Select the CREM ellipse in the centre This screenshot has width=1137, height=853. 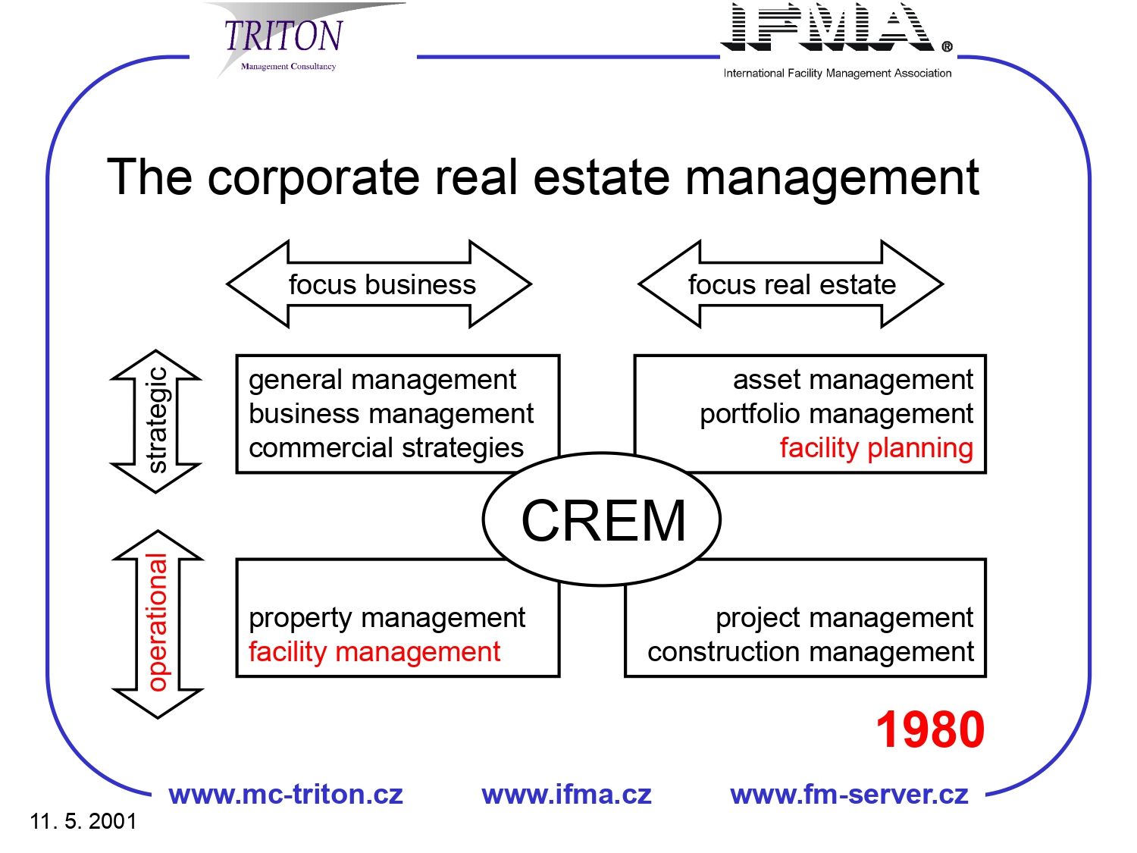tap(602, 520)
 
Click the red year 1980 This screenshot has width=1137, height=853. tap(930, 729)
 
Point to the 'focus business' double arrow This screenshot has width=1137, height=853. tap(379, 284)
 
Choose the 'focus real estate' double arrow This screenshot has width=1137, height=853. tap(791, 284)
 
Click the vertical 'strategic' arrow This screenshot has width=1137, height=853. tap(156, 421)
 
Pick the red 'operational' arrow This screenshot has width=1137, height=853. tap(157, 623)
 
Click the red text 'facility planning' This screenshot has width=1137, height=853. tap(876, 448)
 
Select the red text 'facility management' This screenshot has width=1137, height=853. tap(374, 652)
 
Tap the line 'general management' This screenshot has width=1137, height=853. tap(382, 379)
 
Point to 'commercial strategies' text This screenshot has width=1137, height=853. tap(386, 448)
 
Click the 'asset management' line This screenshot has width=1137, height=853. tap(853, 379)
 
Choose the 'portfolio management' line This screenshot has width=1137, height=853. tap(836, 414)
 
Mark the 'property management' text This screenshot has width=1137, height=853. tap(387, 618)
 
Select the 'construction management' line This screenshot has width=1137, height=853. tap(810, 652)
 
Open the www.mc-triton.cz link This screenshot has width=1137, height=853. tap(286, 795)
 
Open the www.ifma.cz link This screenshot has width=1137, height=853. tap(566, 795)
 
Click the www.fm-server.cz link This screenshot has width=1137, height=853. tap(849, 795)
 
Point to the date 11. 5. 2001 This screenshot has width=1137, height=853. tap(83, 821)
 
